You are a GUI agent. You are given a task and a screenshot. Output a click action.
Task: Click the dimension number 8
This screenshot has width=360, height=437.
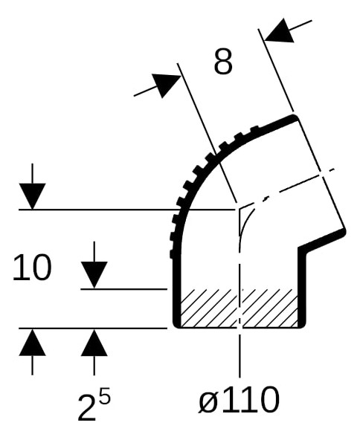point(223,61)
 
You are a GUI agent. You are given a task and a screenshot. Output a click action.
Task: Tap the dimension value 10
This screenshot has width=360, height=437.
point(32,268)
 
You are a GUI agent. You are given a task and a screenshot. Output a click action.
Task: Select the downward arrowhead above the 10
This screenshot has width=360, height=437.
point(32,196)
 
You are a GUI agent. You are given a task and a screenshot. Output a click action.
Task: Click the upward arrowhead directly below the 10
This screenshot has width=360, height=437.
point(32,342)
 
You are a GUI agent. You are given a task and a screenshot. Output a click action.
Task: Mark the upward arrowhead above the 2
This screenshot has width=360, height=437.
point(94,343)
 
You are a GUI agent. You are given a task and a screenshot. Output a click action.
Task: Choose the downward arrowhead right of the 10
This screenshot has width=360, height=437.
point(94,274)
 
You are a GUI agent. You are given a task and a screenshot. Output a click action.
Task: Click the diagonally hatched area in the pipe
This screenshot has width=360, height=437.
point(239,308)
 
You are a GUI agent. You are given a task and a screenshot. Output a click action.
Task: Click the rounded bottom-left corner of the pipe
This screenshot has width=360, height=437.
point(176,325)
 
